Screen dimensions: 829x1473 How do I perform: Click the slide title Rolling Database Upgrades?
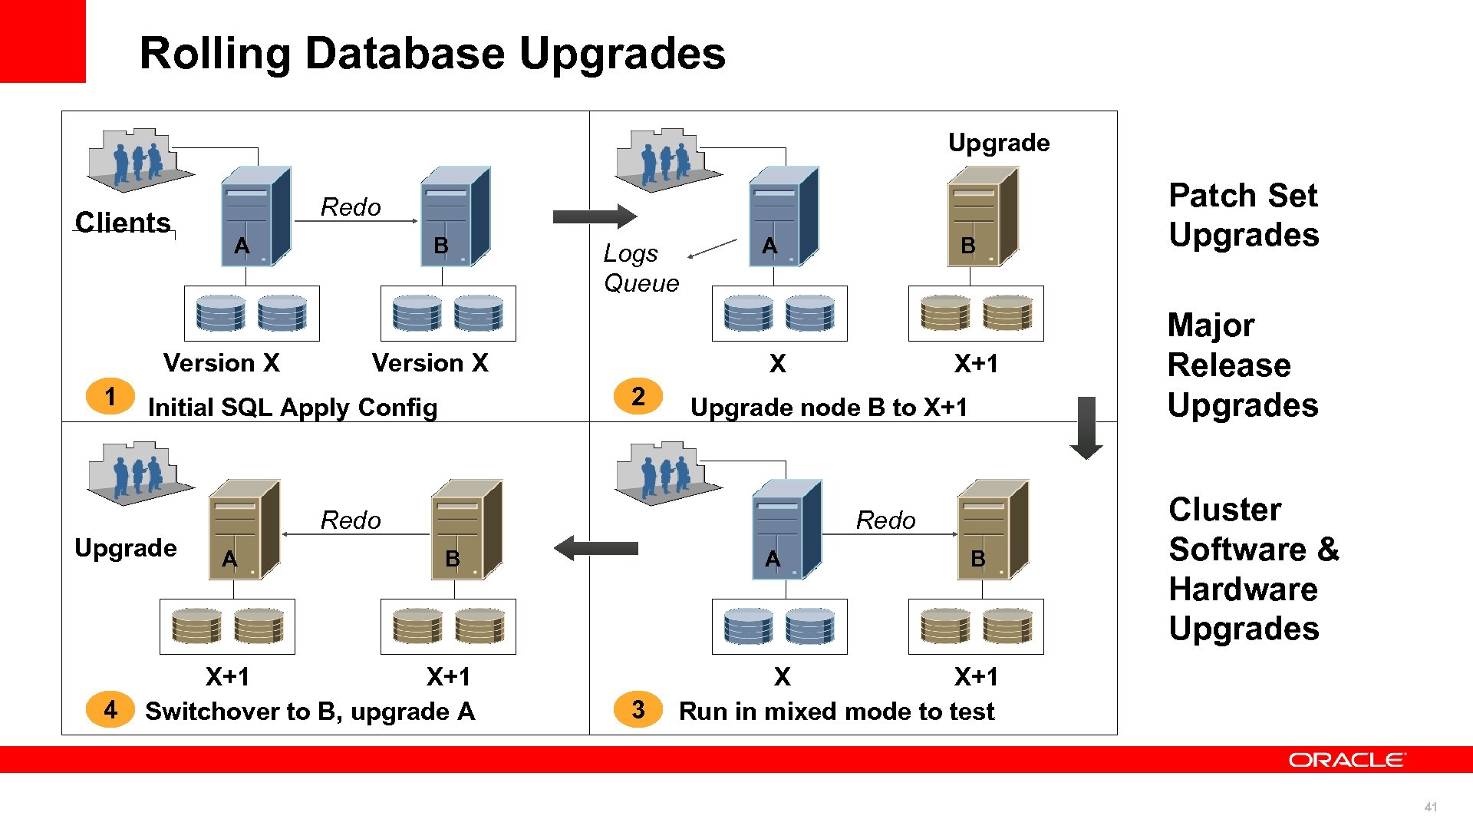click(432, 54)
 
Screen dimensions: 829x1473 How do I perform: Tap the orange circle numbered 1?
click(110, 396)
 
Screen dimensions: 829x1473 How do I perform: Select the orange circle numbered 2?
click(638, 396)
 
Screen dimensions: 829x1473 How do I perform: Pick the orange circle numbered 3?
click(638, 709)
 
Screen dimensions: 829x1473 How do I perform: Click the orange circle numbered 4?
click(110, 709)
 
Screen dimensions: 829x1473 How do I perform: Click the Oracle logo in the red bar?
click(1346, 760)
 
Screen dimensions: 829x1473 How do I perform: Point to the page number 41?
click(1430, 807)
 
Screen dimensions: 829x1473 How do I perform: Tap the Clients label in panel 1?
click(123, 223)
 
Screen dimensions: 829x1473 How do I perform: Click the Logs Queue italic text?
click(641, 269)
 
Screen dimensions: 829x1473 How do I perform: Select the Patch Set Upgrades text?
click(1243, 215)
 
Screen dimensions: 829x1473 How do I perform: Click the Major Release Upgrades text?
click(1241, 365)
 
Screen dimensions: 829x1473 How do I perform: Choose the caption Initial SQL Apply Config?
click(292, 407)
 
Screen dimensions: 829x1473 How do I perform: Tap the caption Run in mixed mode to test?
click(836, 711)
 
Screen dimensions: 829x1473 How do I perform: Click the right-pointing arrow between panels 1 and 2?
click(595, 216)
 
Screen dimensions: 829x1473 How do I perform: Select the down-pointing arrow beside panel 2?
click(1086, 428)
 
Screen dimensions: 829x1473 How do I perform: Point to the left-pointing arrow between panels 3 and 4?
click(595, 548)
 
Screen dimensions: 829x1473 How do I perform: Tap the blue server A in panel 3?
click(786, 530)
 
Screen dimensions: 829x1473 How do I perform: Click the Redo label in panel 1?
click(351, 207)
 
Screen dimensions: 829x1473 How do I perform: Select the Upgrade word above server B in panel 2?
click(999, 143)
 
